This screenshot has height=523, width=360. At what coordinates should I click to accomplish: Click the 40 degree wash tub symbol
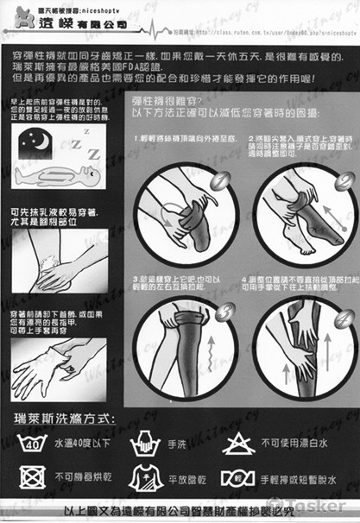pyautogui.click(x=33, y=444)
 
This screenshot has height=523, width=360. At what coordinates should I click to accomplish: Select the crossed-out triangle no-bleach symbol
pyautogui.click(x=236, y=444)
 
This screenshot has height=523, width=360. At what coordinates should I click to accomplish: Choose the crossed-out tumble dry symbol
pyautogui.click(x=33, y=476)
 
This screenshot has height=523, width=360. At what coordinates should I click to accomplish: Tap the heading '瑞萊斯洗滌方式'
pyautogui.click(x=65, y=419)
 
